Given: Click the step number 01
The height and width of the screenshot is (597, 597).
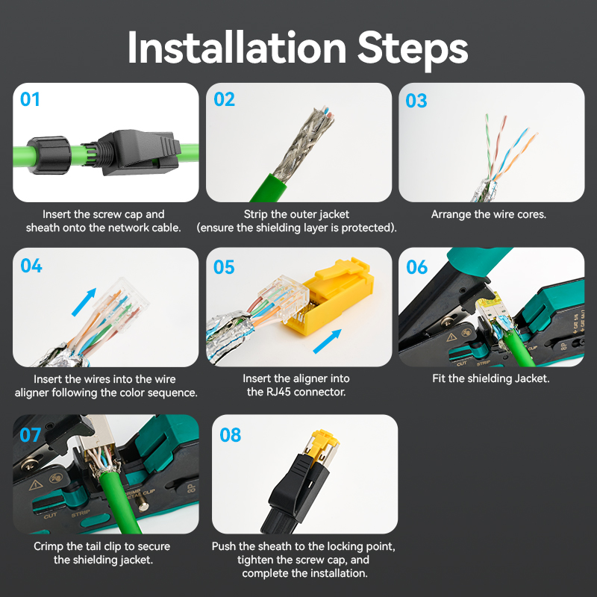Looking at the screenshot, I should (x=31, y=99).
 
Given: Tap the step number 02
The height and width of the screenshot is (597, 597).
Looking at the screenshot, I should (x=225, y=99).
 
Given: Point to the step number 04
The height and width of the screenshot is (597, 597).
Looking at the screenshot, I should (x=31, y=266).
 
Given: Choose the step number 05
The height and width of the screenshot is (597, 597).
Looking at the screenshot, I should (x=225, y=266).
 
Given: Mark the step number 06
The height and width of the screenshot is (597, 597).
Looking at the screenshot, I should (x=417, y=266).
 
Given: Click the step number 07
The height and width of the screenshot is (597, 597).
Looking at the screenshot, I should (x=31, y=433).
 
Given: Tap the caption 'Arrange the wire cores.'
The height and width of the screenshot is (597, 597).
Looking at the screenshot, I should (x=489, y=214).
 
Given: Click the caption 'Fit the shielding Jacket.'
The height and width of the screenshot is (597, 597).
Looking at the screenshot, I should (x=490, y=378).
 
